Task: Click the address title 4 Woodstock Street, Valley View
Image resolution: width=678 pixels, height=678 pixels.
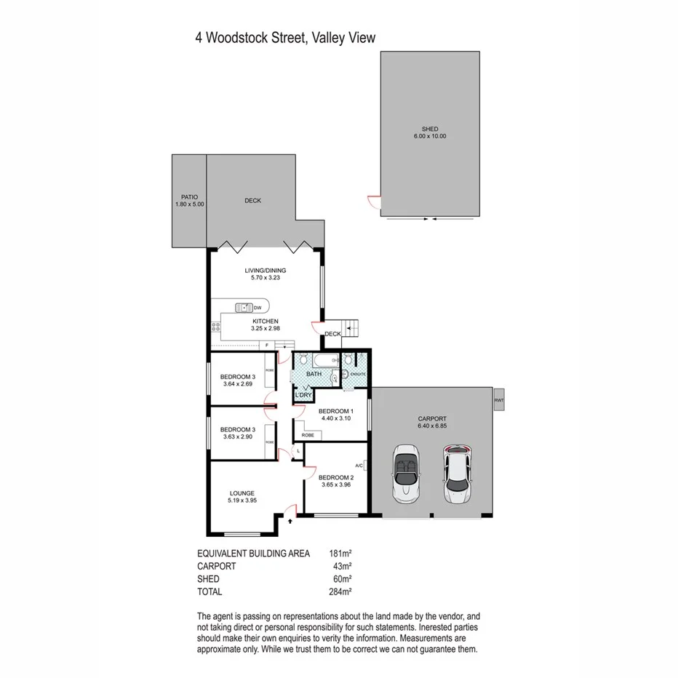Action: tap(284, 38)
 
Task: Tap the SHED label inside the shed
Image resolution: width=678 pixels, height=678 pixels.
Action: tap(429, 129)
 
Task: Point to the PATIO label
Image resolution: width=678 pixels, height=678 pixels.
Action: tap(189, 197)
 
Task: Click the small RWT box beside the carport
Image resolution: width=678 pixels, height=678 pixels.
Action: tap(498, 399)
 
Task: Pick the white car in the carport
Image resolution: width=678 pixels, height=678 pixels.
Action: tap(456, 473)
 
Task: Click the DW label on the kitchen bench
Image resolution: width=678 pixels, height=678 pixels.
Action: tap(258, 307)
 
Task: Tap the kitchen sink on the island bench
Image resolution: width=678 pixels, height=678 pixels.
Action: tap(242, 307)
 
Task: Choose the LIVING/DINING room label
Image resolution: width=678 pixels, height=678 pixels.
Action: tap(266, 271)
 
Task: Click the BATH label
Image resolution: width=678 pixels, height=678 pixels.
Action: tap(314, 374)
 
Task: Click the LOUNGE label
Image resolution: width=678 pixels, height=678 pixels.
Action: tap(243, 492)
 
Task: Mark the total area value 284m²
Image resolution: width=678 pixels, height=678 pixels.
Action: tap(341, 591)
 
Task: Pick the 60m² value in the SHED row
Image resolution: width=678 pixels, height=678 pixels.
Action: tap(343, 578)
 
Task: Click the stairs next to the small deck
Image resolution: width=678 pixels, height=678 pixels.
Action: tap(351, 328)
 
